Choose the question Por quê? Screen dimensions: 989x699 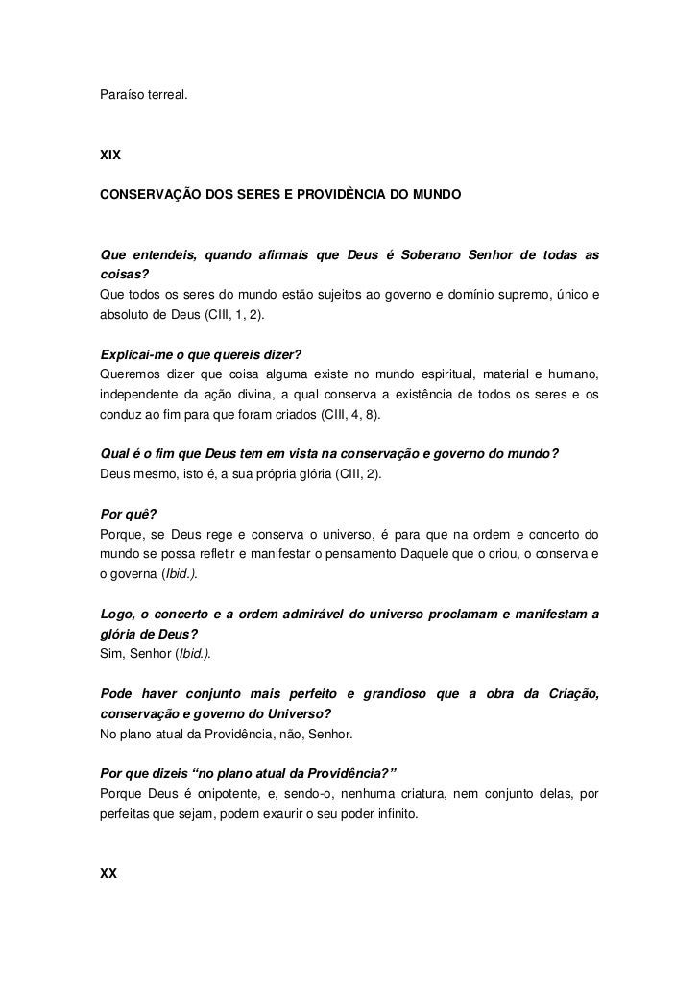click(128, 514)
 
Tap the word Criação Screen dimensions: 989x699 click(570, 693)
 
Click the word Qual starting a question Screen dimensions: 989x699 click(116, 455)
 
